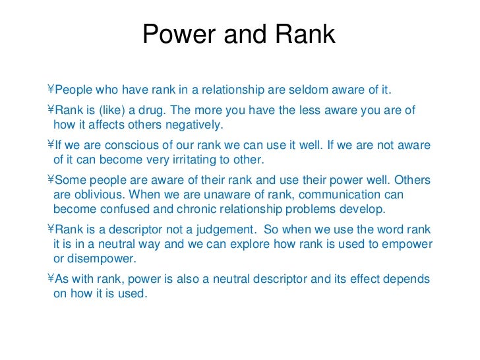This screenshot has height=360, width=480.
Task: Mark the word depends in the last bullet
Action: pyautogui.click(x=407, y=279)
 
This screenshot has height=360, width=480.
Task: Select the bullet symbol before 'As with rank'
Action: pyautogui.click(x=50, y=279)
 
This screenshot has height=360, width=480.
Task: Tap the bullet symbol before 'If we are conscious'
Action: pyautogui.click(x=50, y=145)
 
